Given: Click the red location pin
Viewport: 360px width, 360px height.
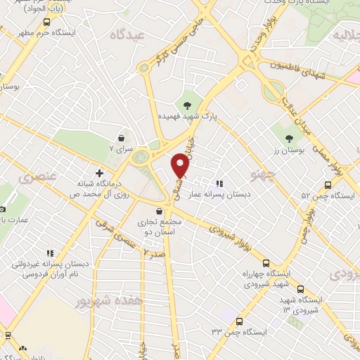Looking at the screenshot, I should tap(181, 165).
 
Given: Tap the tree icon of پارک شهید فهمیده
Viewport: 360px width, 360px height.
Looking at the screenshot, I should tap(186, 105).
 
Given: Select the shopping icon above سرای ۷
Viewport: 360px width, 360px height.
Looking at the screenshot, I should tap(123, 138).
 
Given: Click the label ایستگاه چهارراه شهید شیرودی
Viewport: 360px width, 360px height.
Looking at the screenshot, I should tap(266, 278).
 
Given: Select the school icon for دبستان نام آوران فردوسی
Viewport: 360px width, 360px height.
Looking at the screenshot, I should tap(49, 252).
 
